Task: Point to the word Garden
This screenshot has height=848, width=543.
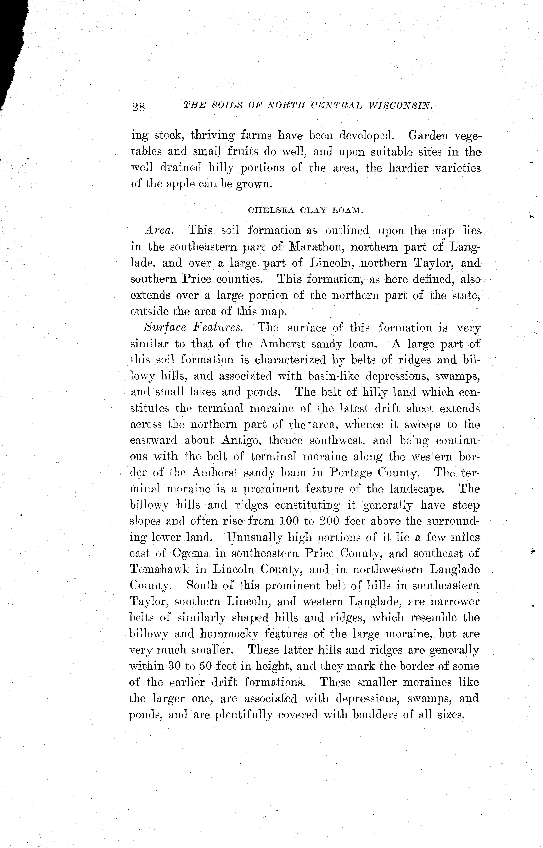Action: coord(428,135)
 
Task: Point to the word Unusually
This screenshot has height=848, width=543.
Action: coord(255,537)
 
